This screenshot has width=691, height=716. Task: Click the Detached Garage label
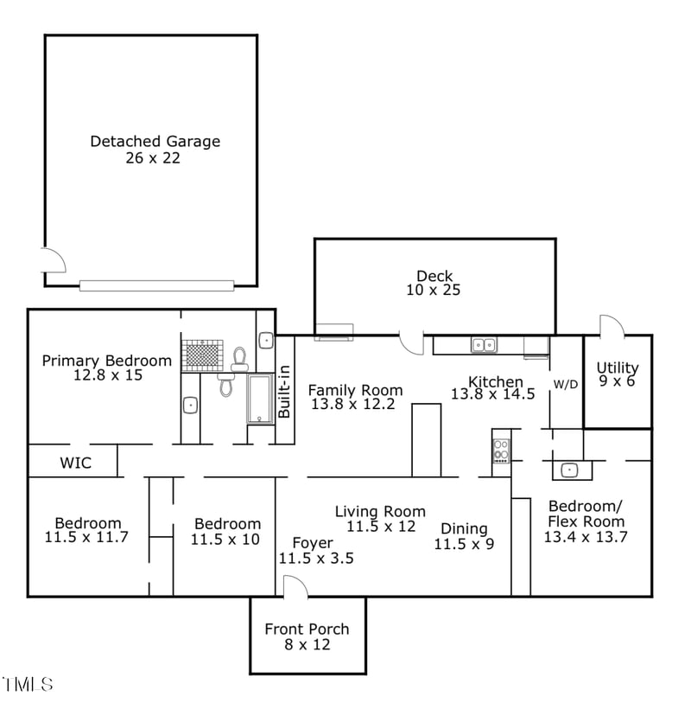point(155,141)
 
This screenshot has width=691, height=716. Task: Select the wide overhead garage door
point(156,285)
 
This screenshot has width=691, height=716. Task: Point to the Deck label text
point(434,277)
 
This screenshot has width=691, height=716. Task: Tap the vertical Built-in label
point(284,393)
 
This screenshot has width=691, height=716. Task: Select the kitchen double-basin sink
point(484,345)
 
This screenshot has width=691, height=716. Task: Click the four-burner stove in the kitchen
point(501,451)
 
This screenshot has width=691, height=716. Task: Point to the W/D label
point(566,384)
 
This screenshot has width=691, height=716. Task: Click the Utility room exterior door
point(612,327)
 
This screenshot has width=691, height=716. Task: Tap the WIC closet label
point(75,463)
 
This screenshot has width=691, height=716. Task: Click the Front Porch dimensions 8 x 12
point(307,645)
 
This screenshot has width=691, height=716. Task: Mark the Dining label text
point(464,528)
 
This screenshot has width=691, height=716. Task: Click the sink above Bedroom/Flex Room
point(569,470)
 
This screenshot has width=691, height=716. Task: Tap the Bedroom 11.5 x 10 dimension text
point(225,540)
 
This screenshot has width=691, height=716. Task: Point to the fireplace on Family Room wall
point(333,331)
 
